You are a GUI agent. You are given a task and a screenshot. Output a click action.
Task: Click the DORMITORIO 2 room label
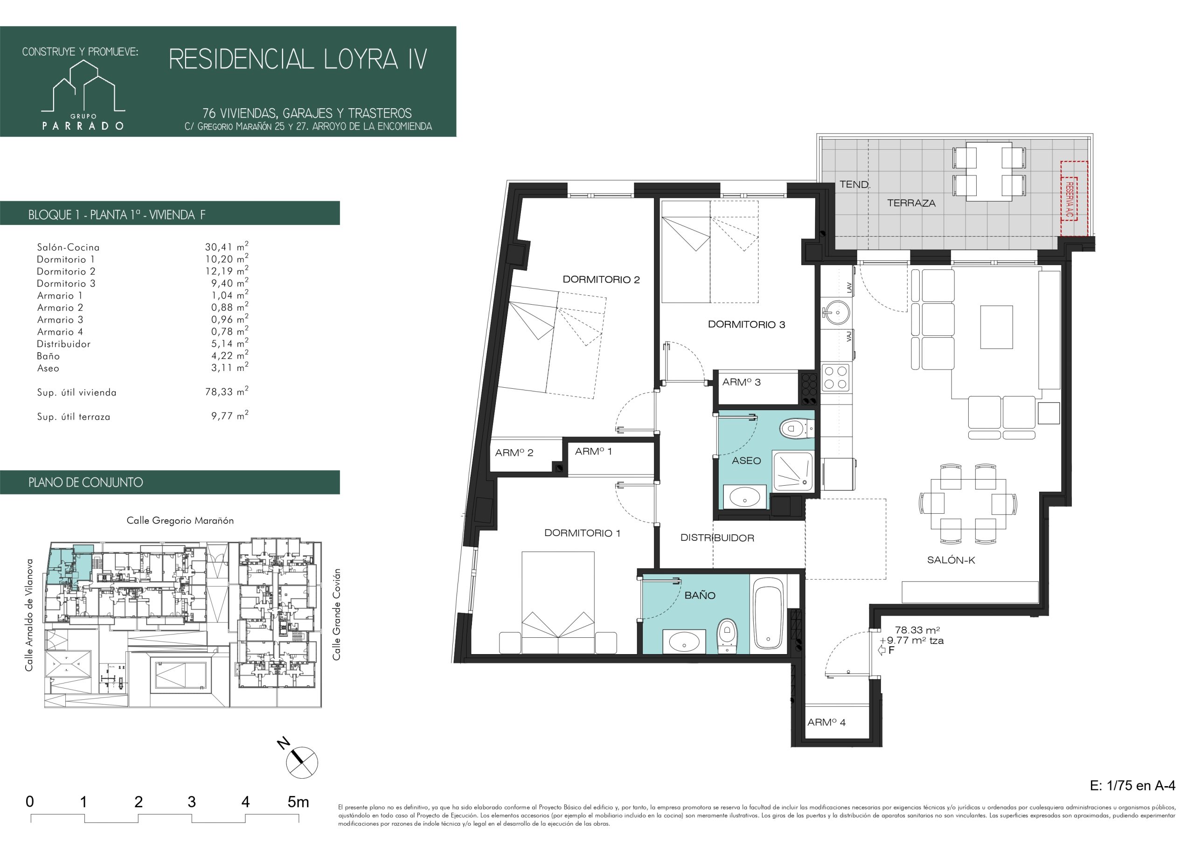click(x=601, y=279)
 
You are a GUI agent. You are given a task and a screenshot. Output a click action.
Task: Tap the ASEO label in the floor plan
click(x=746, y=460)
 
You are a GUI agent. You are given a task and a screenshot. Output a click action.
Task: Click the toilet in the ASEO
click(x=795, y=429)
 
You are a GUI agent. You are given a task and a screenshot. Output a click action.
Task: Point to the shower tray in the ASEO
click(x=792, y=471)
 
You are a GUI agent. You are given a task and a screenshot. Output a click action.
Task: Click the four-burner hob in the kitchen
click(x=835, y=378)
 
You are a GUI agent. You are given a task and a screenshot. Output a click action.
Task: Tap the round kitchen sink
click(x=836, y=313)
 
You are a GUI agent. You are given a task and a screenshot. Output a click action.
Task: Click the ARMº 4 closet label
click(x=826, y=723)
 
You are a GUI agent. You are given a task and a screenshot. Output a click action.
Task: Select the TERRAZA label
click(x=911, y=203)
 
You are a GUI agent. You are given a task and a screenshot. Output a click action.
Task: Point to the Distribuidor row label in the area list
click(x=63, y=344)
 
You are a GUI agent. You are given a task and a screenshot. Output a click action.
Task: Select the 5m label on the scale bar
click(x=298, y=802)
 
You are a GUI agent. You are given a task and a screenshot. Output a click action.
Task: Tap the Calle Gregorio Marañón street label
click(x=180, y=520)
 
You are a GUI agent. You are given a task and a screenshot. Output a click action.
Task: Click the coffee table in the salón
click(x=996, y=327)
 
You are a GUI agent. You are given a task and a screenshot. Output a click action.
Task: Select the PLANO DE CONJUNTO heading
click(x=86, y=482)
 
